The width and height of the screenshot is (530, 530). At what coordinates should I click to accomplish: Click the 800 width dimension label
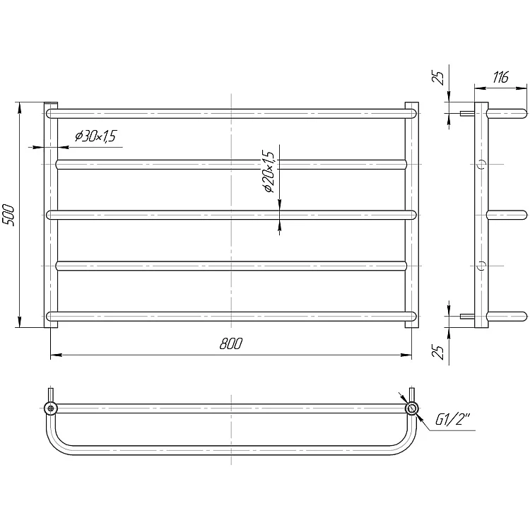231,343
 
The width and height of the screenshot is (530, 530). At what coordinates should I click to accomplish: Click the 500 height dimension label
8,215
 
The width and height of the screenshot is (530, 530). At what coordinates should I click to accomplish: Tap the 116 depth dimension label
500,78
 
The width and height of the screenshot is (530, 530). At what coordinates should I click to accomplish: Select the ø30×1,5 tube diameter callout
95,136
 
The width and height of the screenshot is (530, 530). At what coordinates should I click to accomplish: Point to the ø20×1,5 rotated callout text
269,171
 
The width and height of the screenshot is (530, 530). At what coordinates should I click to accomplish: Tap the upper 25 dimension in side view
439,78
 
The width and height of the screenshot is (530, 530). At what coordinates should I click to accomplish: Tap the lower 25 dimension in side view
439,351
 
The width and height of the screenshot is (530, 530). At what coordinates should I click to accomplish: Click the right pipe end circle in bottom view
412,408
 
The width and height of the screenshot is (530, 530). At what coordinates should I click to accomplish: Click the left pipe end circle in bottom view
51,408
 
